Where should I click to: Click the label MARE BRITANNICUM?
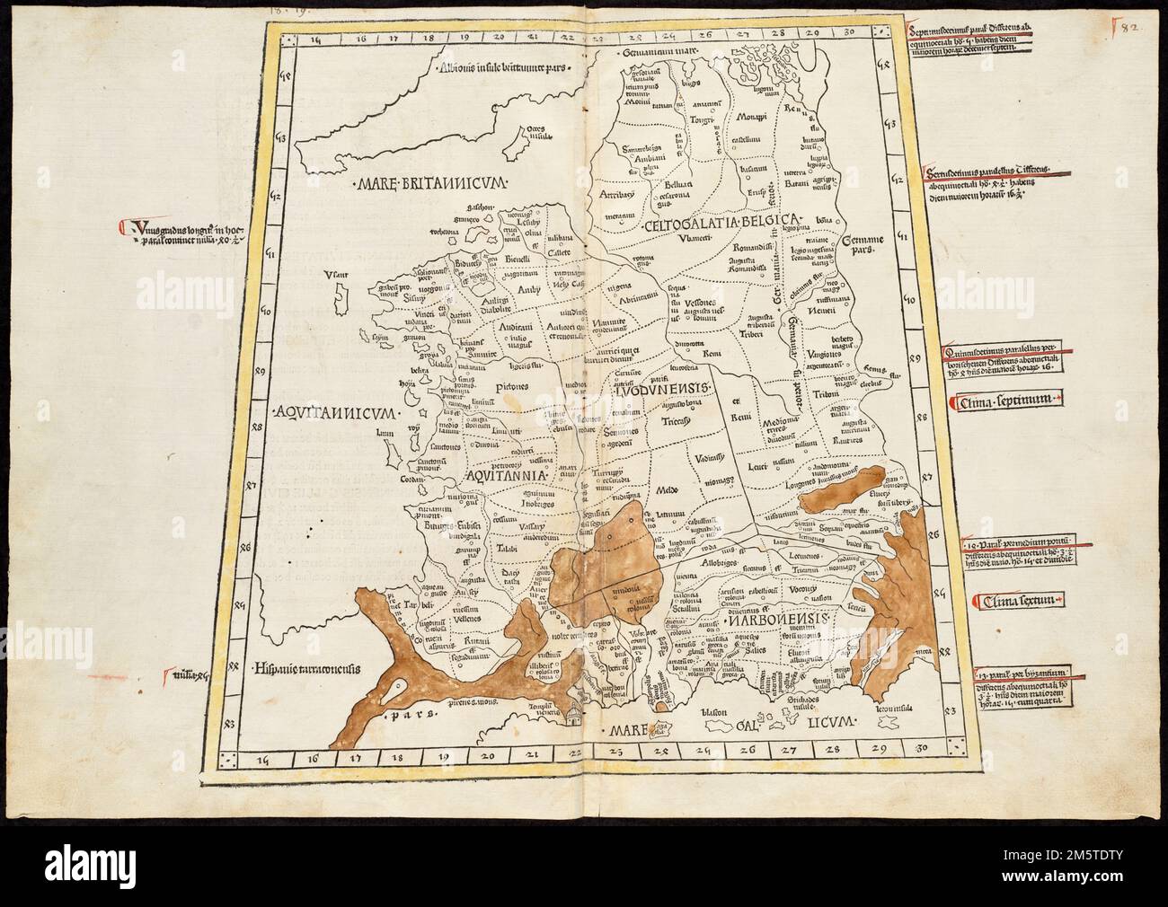(432, 183)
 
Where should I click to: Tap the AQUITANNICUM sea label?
(332, 412)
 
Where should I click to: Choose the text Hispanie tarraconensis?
(307, 668)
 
